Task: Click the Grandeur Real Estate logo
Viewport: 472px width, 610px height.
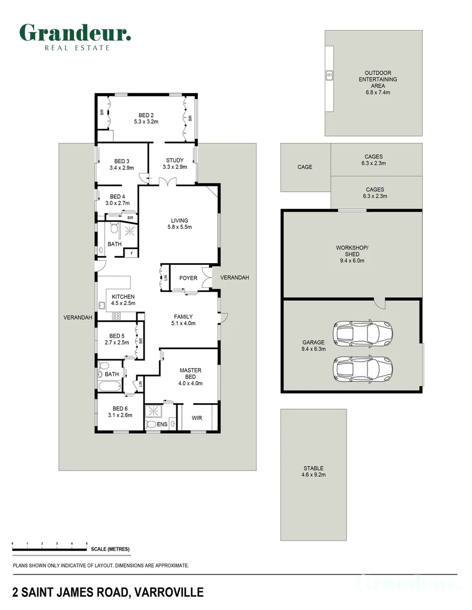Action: (75, 36)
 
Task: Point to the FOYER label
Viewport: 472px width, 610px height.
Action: (188, 278)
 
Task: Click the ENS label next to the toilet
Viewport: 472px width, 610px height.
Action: (162, 424)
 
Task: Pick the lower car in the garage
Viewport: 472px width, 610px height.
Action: (363, 369)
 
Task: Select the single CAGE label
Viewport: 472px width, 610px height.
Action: (305, 167)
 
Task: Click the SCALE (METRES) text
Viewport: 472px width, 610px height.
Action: (110, 550)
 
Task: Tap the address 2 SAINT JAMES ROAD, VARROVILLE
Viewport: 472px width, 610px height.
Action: (107, 592)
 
